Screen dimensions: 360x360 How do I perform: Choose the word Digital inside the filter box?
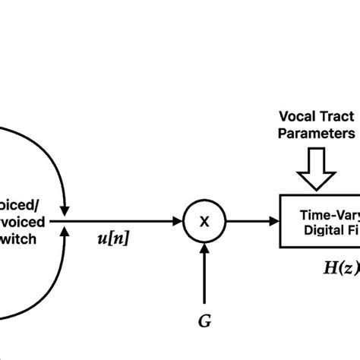tap(326, 229)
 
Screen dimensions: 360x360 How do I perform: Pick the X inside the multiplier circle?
tap(204, 220)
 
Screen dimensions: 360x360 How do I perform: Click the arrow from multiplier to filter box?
tap(251, 220)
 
